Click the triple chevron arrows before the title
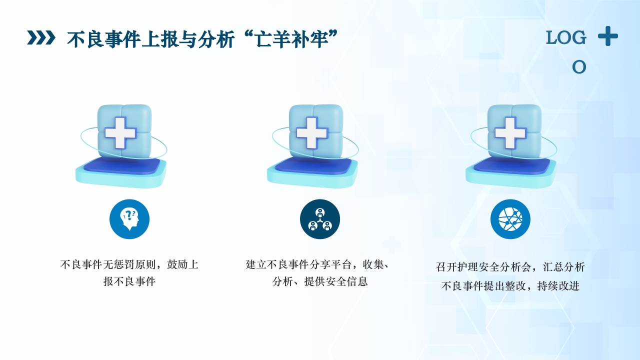click(40, 38)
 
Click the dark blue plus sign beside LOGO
click(608, 36)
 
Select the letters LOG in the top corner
click(566, 37)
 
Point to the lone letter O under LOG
click(579, 67)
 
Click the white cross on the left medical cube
click(120, 132)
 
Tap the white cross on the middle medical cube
click(311, 132)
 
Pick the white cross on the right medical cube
click(510, 132)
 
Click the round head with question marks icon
click(129, 219)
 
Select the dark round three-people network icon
click(320, 219)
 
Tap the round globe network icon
click(510, 219)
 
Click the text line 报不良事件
click(129, 281)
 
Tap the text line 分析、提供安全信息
click(320, 281)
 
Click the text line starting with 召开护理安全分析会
click(510, 267)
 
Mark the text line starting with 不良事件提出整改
click(510, 286)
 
